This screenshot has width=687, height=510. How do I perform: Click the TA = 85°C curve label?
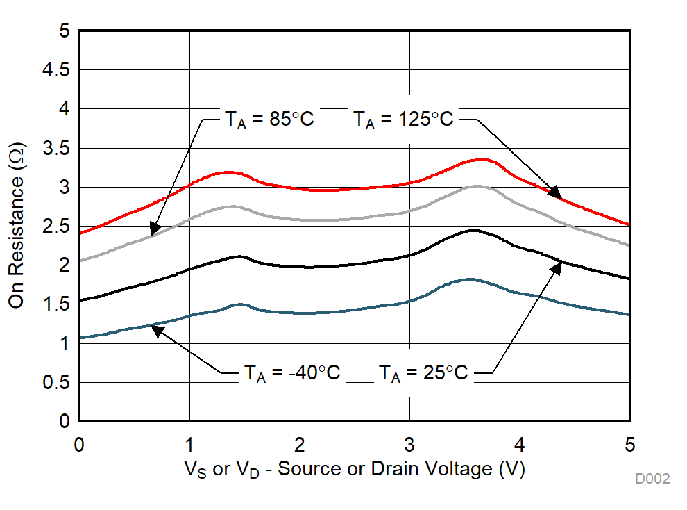pos(268,119)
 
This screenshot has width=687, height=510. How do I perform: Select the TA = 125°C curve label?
pos(403,119)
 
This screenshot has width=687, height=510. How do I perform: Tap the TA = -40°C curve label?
pos(291,373)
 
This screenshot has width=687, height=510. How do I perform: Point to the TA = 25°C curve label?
pos(423,373)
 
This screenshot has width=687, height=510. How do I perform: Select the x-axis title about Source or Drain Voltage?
pos(355,470)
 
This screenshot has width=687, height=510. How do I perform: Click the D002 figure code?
pos(652,479)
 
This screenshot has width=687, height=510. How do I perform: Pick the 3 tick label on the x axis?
pos(409,443)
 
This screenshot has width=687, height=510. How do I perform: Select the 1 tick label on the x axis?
pos(189,443)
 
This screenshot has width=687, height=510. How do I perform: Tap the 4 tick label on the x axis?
pos(520,443)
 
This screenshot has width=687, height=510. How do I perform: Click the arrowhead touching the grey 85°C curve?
pos(154,229)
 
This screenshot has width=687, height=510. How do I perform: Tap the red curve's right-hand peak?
pos(479,159)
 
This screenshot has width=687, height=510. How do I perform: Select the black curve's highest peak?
pos(473,230)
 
